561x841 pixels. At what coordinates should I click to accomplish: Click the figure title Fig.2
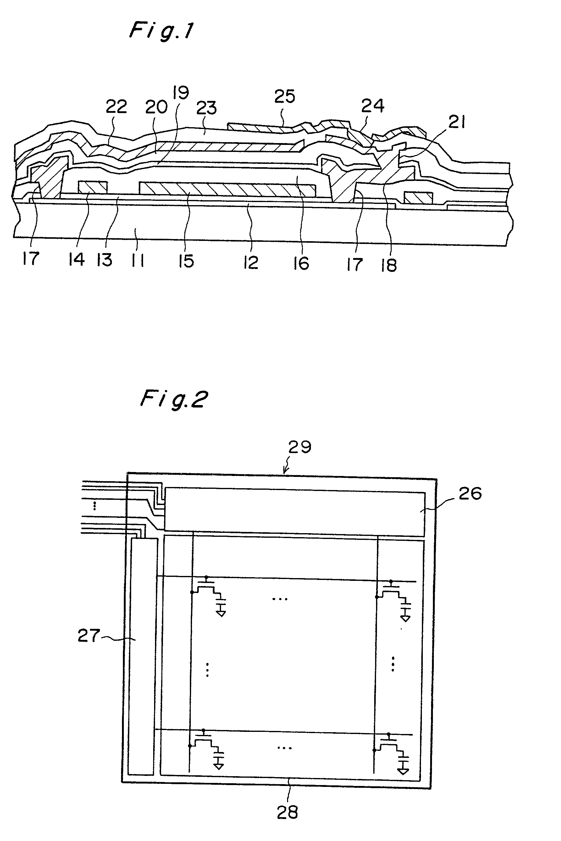click(x=174, y=399)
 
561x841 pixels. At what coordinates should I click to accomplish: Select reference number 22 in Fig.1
click(x=116, y=107)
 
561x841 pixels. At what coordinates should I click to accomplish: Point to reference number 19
click(x=181, y=93)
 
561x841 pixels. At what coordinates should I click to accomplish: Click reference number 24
click(x=372, y=106)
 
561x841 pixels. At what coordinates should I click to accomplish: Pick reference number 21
click(x=456, y=123)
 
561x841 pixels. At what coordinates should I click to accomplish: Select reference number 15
click(x=186, y=261)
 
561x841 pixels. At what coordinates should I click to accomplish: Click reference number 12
click(x=250, y=263)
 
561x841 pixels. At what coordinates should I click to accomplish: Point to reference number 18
click(x=389, y=265)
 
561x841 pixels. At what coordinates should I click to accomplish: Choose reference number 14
click(x=76, y=259)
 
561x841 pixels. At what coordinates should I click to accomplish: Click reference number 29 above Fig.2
click(x=300, y=447)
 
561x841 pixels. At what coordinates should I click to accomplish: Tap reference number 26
click(x=470, y=494)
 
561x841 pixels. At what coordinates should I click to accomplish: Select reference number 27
click(x=89, y=636)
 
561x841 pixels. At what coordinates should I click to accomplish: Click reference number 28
click(x=287, y=812)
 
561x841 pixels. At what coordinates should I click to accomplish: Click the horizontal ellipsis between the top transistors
click(x=280, y=599)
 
